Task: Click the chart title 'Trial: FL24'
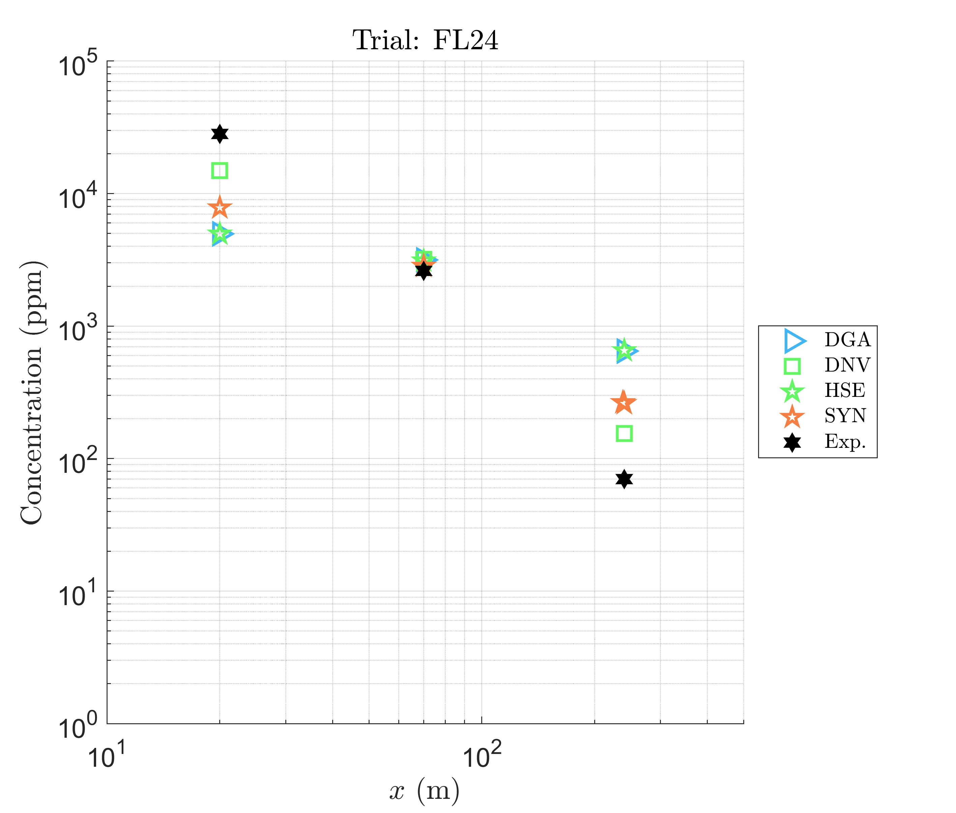tap(425, 40)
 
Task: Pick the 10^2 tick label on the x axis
tap(482, 756)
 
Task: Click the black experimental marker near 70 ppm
tap(624, 479)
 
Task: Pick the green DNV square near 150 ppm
tap(624, 433)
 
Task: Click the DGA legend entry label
tap(847, 340)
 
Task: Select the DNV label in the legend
tap(847, 365)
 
